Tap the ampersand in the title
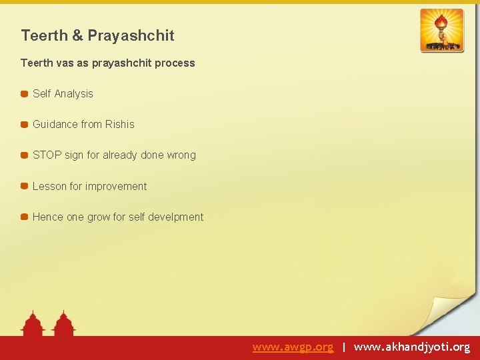(x=79, y=35)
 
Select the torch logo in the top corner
(x=441, y=31)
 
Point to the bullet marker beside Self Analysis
(x=24, y=94)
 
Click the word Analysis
(x=73, y=94)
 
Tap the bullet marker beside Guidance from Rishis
(x=24, y=125)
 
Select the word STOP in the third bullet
(x=47, y=155)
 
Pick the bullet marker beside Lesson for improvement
(x=24, y=187)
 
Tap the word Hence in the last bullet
(x=47, y=217)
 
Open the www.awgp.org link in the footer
(x=293, y=347)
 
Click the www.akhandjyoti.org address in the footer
(x=411, y=347)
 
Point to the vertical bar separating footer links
(x=343, y=347)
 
